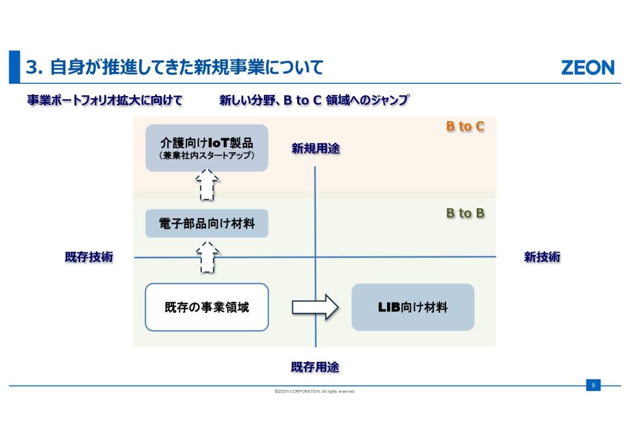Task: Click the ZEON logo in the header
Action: point(587,67)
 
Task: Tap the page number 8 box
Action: point(593,386)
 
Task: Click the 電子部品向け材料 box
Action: point(207,223)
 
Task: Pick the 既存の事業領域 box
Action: point(207,307)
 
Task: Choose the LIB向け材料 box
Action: point(413,307)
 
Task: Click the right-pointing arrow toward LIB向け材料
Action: point(315,307)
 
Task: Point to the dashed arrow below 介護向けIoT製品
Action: point(207,185)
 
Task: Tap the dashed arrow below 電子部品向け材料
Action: point(207,257)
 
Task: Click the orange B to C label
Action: point(465,126)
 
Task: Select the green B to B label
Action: point(465,213)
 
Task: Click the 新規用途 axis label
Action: point(316,148)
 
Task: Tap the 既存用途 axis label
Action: point(315,367)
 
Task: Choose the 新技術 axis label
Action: point(542,257)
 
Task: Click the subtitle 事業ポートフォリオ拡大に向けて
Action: point(105,100)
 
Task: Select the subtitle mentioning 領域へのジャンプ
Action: point(314,100)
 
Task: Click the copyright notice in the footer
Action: point(315,391)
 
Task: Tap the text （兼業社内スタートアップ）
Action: point(206,155)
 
